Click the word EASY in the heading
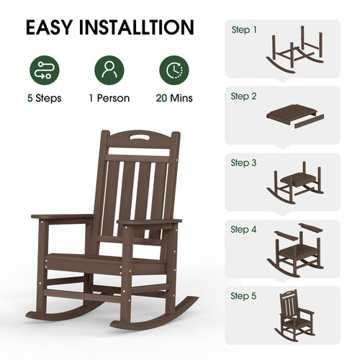[49, 27]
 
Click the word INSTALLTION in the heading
[136, 27]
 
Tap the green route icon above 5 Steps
[45, 70]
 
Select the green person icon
[109, 70]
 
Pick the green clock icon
[174, 70]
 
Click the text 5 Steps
[45, 98]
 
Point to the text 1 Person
[109, 98]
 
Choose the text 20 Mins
[174, 98]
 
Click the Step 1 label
[244, 30]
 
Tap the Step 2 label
[243, 96]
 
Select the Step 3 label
[243, 163]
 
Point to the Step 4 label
[243, 230]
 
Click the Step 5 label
[243, 296]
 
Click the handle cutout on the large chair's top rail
[140, 138]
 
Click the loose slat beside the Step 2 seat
[309, 122]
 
